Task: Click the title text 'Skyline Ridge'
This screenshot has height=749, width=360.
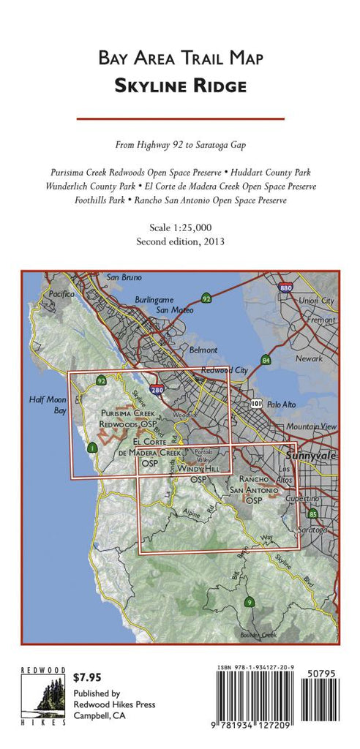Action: coord(180,86)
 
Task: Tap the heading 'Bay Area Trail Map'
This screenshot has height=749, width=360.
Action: coord(180,58)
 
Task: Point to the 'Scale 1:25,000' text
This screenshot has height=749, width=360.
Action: coord(180,228)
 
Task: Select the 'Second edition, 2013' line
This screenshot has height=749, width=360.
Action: coord(180,241)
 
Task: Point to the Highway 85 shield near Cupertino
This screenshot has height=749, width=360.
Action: coord(312,513)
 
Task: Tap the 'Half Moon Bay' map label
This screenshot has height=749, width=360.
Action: coord(48,405)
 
